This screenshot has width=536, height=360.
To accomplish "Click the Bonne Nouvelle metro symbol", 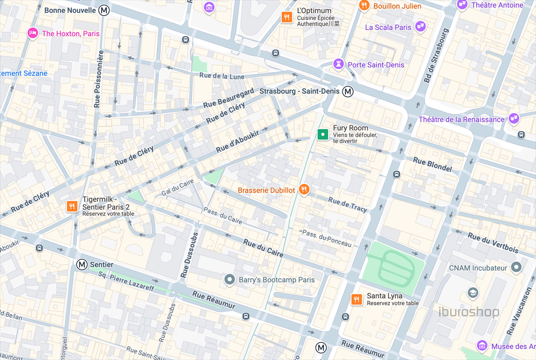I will (x=105, y=10).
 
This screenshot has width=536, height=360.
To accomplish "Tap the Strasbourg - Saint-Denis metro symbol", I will (x=348, y=92).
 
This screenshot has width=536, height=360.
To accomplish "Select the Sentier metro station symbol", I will (x=82, y=265).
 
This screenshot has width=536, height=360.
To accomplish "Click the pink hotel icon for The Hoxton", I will (x=32, y=33).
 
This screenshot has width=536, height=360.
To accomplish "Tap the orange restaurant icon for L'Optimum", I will (x=286, y=17).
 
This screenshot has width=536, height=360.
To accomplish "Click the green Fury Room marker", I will (x=323, y=134).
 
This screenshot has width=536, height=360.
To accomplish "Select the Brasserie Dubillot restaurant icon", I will (x=304, y=190).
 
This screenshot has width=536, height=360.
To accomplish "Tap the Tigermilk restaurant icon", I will (x=72, y=207).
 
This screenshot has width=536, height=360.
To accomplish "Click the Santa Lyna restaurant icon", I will (x=356, y=299).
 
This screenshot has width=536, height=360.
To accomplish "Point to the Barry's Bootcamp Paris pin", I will (x=229, y=280).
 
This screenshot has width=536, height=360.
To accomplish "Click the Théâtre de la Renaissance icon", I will (x=514, y=119).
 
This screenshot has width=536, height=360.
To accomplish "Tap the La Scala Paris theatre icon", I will (x=420, y=27).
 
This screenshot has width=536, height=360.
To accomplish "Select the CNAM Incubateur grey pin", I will (x=517, y=268).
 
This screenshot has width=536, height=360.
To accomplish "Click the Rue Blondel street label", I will (x=432, y=164).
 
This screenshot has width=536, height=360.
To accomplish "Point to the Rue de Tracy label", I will (x=348, y=205).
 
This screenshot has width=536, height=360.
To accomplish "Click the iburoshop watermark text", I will (x=468, y=312).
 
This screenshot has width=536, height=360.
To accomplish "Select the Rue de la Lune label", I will (x=222, y=76).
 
